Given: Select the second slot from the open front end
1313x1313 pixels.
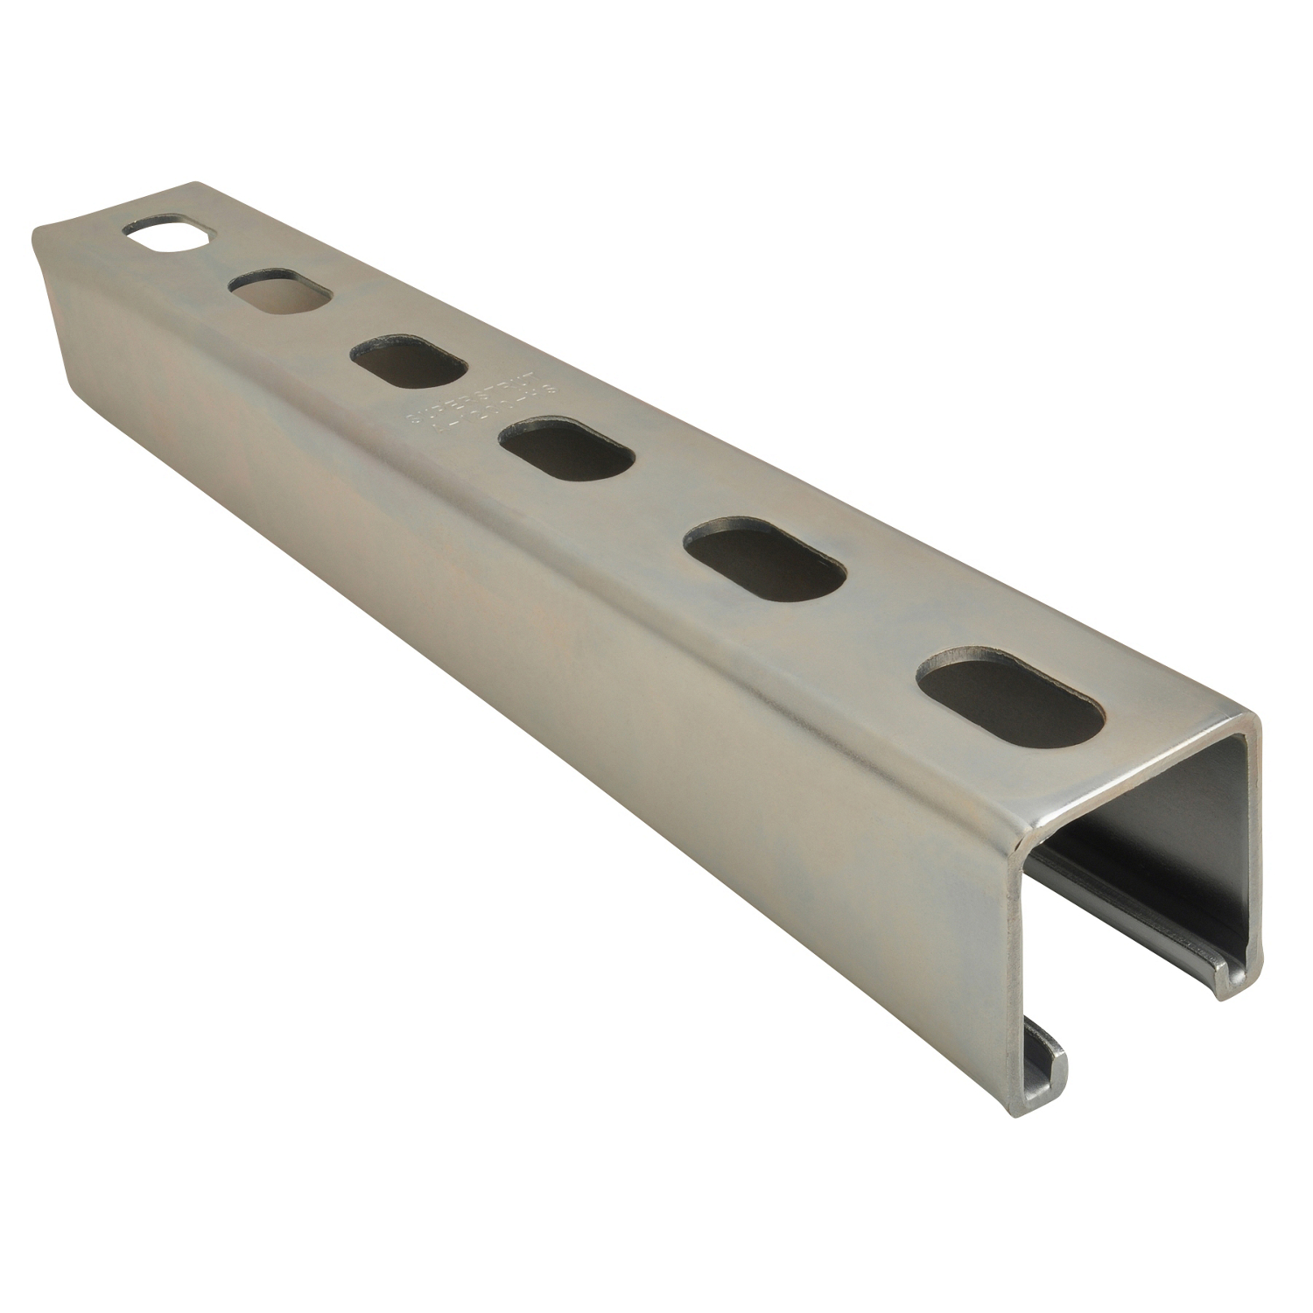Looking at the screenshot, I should pos(765,558).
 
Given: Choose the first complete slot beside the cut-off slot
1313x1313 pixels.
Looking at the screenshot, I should pos(281,294).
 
